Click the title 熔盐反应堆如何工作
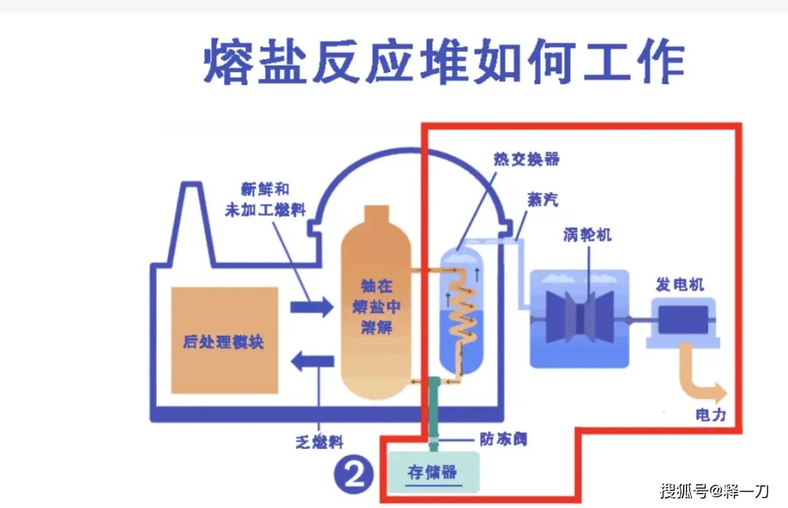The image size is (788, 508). (444, 62)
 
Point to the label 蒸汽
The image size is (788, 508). (543, 200)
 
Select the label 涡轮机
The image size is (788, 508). (587, 235)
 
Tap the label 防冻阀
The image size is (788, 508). (503, 439)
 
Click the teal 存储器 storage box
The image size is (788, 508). (433, 472)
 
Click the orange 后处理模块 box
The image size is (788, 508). (224, 341)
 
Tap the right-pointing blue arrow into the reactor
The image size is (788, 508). (312, 307)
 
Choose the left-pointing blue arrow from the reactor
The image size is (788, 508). (312, 360)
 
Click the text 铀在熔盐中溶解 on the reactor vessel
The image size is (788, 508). (376, 307)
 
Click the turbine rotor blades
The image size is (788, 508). (580, 315)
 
